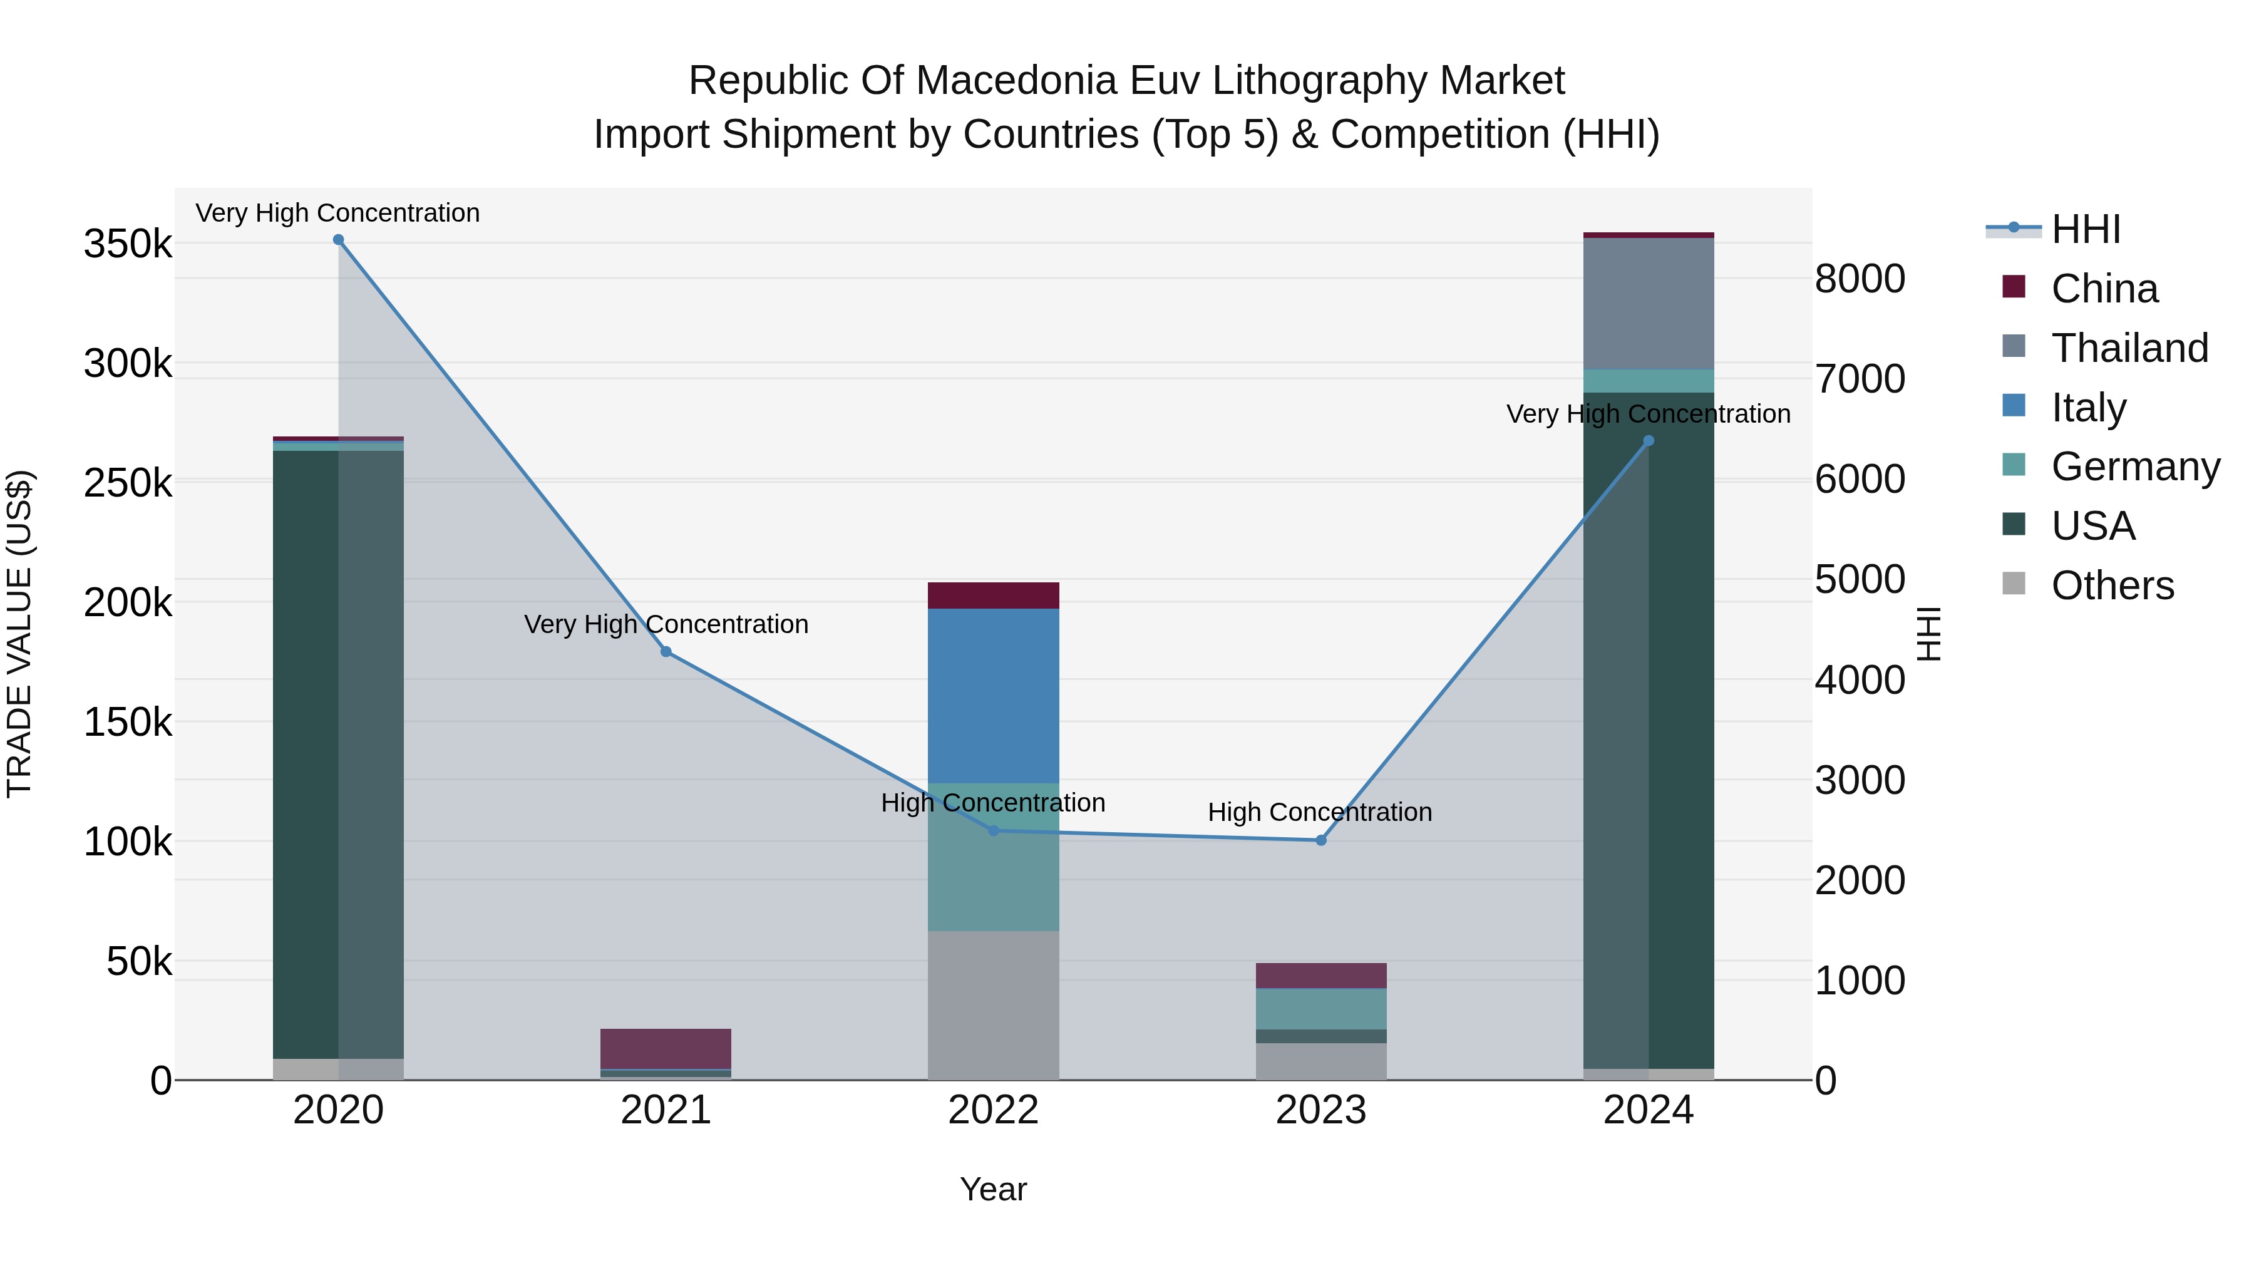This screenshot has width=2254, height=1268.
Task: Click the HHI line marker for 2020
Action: (339, 240)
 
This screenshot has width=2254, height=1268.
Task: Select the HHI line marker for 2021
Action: (666, 652)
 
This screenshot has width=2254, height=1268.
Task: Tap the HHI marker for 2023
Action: (1321, 840)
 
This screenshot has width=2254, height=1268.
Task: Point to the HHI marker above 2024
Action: (1649, 441)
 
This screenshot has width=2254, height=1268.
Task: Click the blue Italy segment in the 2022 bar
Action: (993, 696)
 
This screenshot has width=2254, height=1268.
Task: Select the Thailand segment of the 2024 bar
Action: (1649, 304)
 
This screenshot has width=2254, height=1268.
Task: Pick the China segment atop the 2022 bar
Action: (993, 595)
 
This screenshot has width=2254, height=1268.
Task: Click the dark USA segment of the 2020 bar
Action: (306, 753)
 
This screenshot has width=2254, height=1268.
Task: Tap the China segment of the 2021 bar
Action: (666, 1048)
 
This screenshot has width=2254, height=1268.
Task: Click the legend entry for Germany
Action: (2134, 466)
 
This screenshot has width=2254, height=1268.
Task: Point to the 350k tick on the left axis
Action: (128, 244)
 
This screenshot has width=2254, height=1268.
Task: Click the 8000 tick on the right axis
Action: (1860, 279)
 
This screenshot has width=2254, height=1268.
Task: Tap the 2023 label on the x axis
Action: (1320, 1110)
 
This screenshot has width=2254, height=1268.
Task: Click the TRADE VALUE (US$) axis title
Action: (20, 634)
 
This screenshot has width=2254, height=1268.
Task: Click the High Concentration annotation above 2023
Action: (1319, 812)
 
